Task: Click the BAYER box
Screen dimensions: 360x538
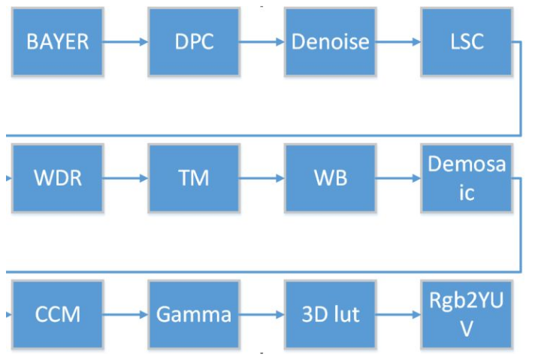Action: pyautogui.click(x=58, y=41)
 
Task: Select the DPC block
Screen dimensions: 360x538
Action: pyautogui.click(x=194, y=41)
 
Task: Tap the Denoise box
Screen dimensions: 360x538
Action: pyautogui.click(x=330, y=41)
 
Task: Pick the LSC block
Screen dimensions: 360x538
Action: pyautogui.click(x=466, y=41)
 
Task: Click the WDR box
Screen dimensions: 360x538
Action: pyautogui.click(x=58, y=179)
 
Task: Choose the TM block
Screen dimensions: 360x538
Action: pyautogui.click(x=194, y=179)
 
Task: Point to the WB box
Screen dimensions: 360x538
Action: pyautogui.click(x=330, y=179)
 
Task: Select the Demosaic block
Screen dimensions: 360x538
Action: pyautogui.click(x=466, y=179)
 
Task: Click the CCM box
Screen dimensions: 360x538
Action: pyautogui.click(x=58, y=313)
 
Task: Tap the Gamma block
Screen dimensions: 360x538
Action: pyautogui.click(x=194, y=313)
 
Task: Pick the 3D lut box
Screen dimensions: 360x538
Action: pyautogui.click(x=330, y=313)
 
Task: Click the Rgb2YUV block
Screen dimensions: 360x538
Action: pyautogui.click(x=466, y=313)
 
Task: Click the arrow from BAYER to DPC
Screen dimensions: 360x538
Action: pyautogui.click(x=125, y=42)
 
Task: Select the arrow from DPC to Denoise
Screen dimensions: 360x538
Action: pyautogui.click(x=261, y=42)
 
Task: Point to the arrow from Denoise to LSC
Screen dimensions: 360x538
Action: pyautogui.click(x=397, y=42)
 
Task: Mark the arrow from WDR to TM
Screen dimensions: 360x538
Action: pyautogui.click(x=125, y=179)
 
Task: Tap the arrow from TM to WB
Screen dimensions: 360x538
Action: pyautogui.click(x=261, y=179)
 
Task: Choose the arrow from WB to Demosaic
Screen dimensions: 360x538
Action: pyautogui.click(x=397, y=179)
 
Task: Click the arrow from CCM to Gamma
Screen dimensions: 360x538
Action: pyautogui.click(x=125, y=314)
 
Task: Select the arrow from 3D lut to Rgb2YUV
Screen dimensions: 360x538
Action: pyautogui.click(x=397, y=314)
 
